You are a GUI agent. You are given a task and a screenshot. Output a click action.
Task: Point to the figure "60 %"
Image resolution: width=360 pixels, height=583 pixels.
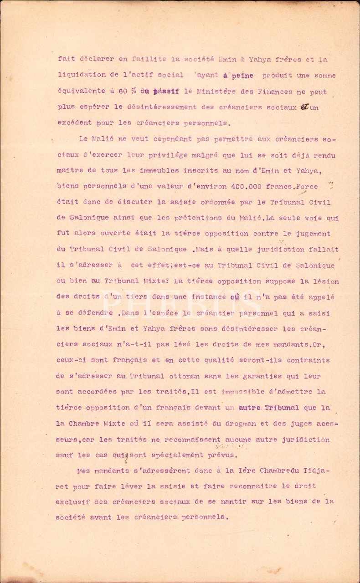(x=125, y=92)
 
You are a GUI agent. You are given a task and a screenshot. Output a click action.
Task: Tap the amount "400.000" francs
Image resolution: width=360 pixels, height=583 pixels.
(x=243, y=186)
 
